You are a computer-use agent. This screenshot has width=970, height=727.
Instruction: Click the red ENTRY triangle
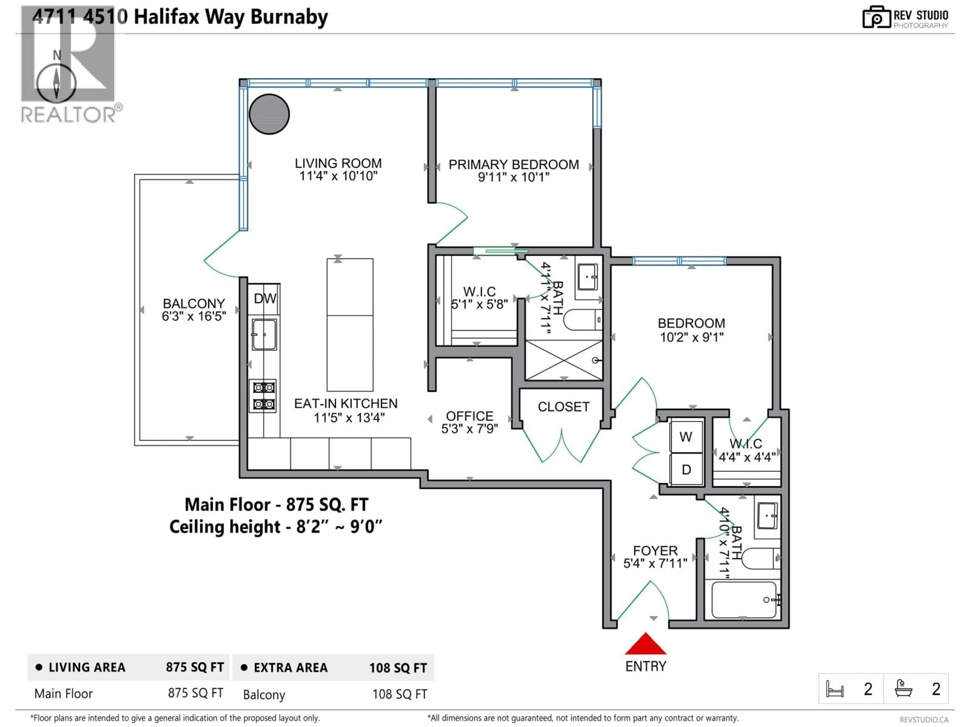point(645,645)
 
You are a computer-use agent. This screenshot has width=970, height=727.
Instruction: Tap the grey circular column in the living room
point(269,114)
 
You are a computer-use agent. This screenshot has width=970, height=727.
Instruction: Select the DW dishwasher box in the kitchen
point(264,299)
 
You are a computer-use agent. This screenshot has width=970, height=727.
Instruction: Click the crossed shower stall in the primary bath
point(564,360)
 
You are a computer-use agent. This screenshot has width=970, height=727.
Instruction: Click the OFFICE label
point(469,416)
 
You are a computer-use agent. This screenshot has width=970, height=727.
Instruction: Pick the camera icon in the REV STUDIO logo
point(876,17)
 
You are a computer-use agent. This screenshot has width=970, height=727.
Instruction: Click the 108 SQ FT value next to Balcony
point(399,694)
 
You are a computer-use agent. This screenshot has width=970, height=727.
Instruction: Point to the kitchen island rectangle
point(350,325)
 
